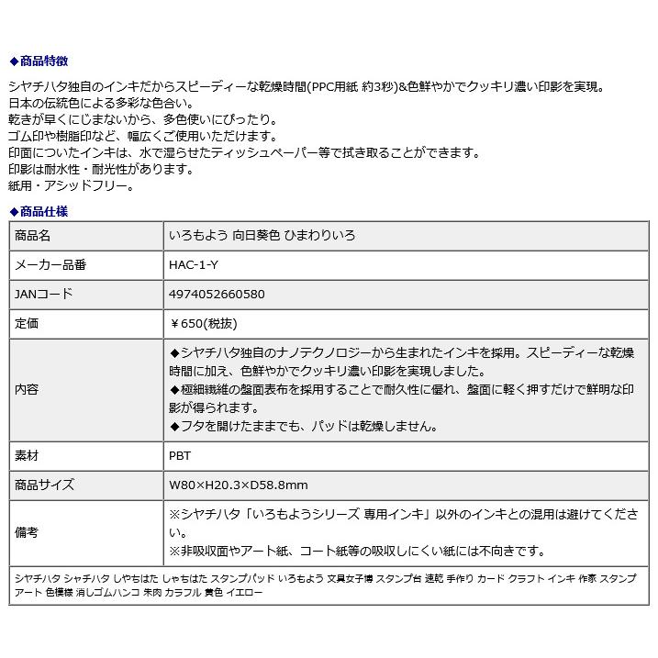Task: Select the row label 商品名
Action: click(x=33, y=236)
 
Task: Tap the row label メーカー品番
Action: click(x=50, y=265)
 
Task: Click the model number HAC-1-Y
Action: click(x=195, y=265)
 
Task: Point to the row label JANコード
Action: click(x=44, y=295)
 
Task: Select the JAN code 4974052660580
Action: click(x=217, y=295)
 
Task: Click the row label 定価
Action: click(x=28, y=324)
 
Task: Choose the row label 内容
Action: click(x=28, y=389)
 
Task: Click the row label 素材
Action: click(x=28, y=455)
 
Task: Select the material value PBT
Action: click(x=180, y=455)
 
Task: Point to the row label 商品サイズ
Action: click(x=45, y=485)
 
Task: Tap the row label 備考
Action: click(x=28, y=532)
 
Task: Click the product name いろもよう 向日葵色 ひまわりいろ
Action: click(x=262, y=236)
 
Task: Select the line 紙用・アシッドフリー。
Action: click(x=72, y=186)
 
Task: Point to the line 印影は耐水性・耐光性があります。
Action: click(x=102, y=170)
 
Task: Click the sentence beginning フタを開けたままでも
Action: click(x=304, y=426)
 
